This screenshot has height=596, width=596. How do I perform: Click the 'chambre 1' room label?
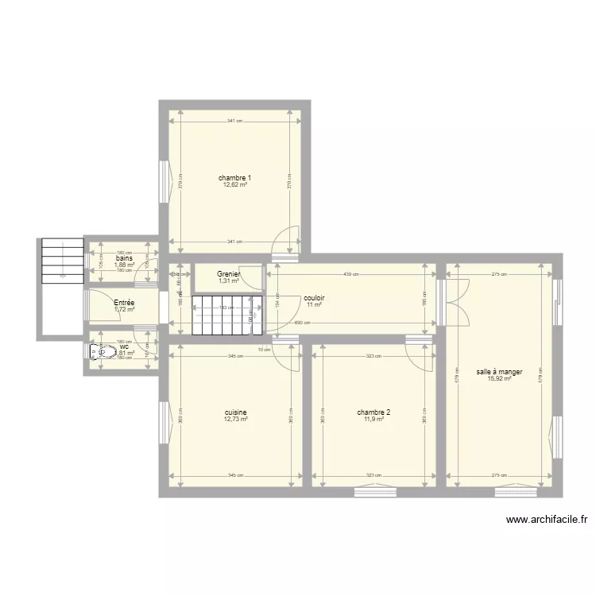[234, 177]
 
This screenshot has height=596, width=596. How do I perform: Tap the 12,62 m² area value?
[234, 184]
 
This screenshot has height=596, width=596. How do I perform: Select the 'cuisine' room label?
[235, 412]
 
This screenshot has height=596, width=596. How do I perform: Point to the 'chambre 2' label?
[373, 412]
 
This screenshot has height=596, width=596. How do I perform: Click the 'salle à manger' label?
[499, 372]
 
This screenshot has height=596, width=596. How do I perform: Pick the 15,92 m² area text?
[499, 379]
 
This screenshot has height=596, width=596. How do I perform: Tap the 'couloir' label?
[314, 298]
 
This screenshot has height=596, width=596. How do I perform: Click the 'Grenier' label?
[229, 274]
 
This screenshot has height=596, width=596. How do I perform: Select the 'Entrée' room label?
[124, 303]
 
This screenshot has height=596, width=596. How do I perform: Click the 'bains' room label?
[124, 258]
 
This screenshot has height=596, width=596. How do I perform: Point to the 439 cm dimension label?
[350, 275]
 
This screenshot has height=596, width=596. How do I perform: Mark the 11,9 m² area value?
[373, 420]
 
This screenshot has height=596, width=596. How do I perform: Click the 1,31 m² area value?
[229, 281]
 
